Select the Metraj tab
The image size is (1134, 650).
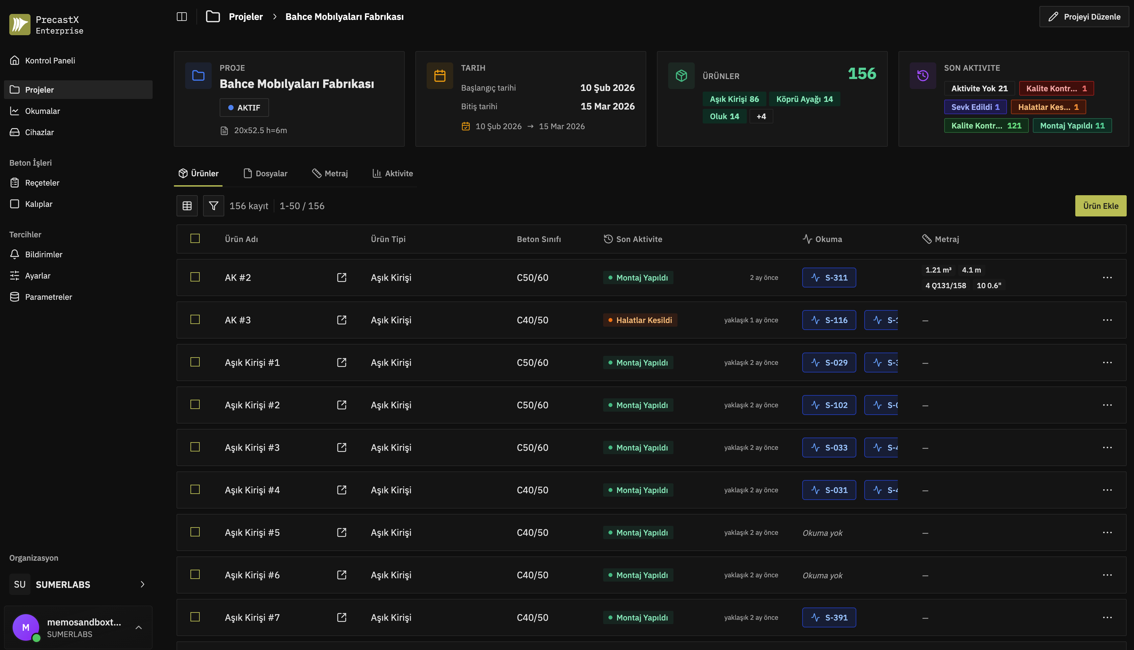(330, 173)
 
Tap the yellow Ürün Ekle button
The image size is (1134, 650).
(1100, 206)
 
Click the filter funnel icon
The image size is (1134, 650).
(214, 206)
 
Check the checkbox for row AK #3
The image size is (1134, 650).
(195, 320)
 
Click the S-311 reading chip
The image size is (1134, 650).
(829, 278)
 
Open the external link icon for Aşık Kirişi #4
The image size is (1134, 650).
(342, 490)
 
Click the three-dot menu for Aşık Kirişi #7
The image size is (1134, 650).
(1107, 617)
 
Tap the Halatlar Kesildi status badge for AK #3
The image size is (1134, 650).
(640, 320)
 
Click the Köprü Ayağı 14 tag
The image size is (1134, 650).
(804, 99)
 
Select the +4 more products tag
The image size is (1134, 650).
(761, 117)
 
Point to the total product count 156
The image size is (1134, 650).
(862, 74)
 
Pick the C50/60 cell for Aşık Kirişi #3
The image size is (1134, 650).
(532, 447)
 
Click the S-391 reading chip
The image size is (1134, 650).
(829, 617)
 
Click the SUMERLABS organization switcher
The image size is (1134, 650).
(78, 584)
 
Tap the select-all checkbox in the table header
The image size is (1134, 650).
(195, 238)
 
